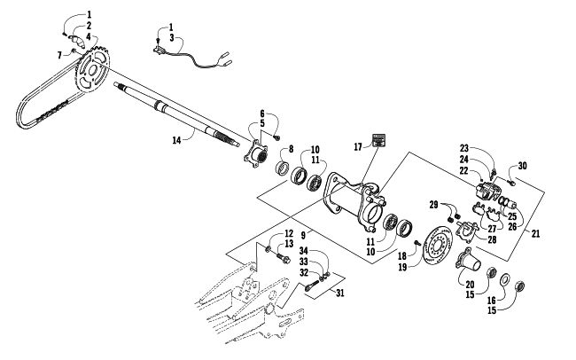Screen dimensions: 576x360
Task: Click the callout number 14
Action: (176, 140)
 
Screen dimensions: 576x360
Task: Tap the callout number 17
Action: (358, 146)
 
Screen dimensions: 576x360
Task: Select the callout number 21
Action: (535, 233)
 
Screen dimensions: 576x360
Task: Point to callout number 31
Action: (340, 293)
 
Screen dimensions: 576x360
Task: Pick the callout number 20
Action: (470, 285)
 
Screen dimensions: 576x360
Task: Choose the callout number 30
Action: (522, 166)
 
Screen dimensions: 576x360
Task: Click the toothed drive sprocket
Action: (92, 70)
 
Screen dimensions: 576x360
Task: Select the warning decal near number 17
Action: (379, 140)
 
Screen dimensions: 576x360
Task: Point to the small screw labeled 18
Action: (417, 242)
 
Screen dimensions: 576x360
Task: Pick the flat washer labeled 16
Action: (505, 278)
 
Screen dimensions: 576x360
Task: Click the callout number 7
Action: (59, 55)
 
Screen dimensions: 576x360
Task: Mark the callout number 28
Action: (492, 239)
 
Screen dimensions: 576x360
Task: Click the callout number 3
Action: (171, 38)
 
